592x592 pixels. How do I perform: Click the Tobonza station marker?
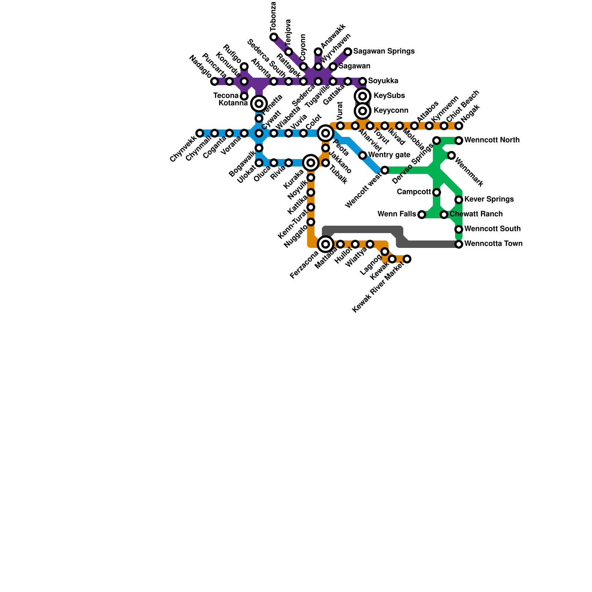pos(274,37)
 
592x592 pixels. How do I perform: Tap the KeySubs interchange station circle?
pos(363,96)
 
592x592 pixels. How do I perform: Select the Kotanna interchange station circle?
pos(259,104)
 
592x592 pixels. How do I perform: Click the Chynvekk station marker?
pos(200,133)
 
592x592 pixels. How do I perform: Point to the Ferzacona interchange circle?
pos(326,244)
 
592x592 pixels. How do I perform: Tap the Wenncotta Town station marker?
pos(459,244)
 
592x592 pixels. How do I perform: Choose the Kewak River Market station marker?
pos(407,259)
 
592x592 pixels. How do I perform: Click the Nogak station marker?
pos(459,126)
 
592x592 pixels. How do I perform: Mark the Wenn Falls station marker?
pos(422,215)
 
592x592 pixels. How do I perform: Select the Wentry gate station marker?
pos(363,155)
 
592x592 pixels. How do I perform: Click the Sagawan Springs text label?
pos(384,51)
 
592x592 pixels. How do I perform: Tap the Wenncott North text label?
pos(492,140)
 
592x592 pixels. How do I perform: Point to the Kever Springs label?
pos(489,199)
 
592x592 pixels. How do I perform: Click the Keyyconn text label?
pos(391,111)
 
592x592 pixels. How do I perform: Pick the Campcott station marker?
pos(437,192)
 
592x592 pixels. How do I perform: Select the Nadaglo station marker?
pos(215,81)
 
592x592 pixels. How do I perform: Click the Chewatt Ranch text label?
pos(476,214)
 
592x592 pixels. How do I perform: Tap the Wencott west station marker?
pos(385,170)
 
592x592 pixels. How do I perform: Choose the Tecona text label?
pos(226,96)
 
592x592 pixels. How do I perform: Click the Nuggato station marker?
pos(311,222)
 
